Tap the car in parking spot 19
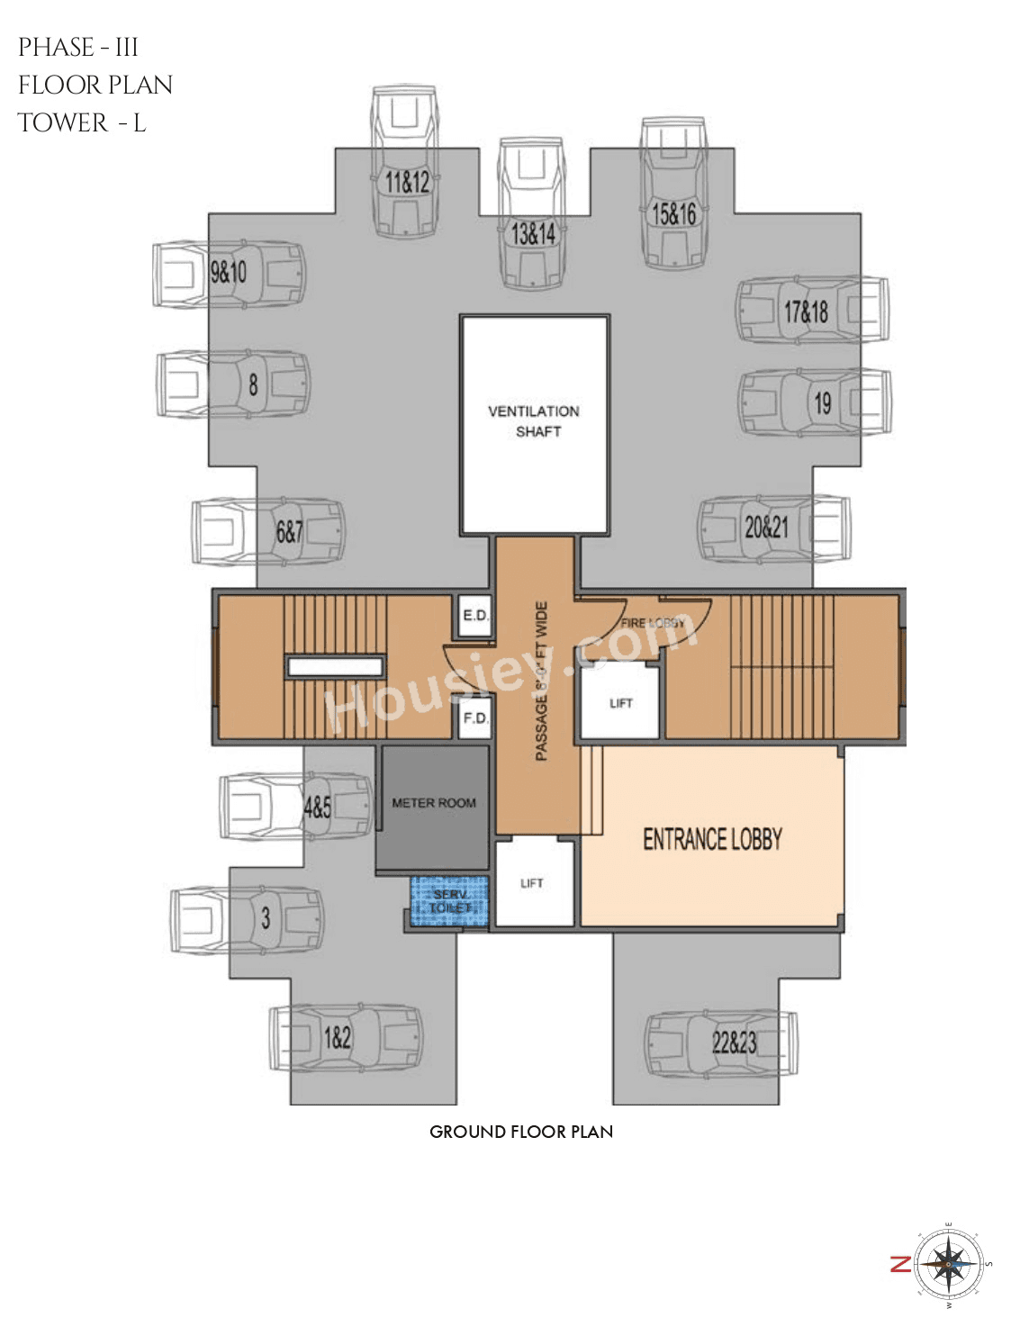[x=815, y=402]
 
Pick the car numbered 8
[x=233, y=384]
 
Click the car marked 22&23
[x=720, y=1043]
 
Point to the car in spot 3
[x=247, y=919]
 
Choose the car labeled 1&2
[x=346, y=1038]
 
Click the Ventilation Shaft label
[x=534, y=421]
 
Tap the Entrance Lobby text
[x=712, y=840]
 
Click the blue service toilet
[x=449, y=901]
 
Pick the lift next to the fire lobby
[x=619, y=702]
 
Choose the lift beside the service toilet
[x=533, y=883]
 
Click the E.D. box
[x=474, y=617]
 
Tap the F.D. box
[x=474, y=719]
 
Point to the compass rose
[x=949, y=1264]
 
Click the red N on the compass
[x=900, y=1264]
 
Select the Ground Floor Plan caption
[x=521, y=1132]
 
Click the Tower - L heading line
[x=82, y=122]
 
